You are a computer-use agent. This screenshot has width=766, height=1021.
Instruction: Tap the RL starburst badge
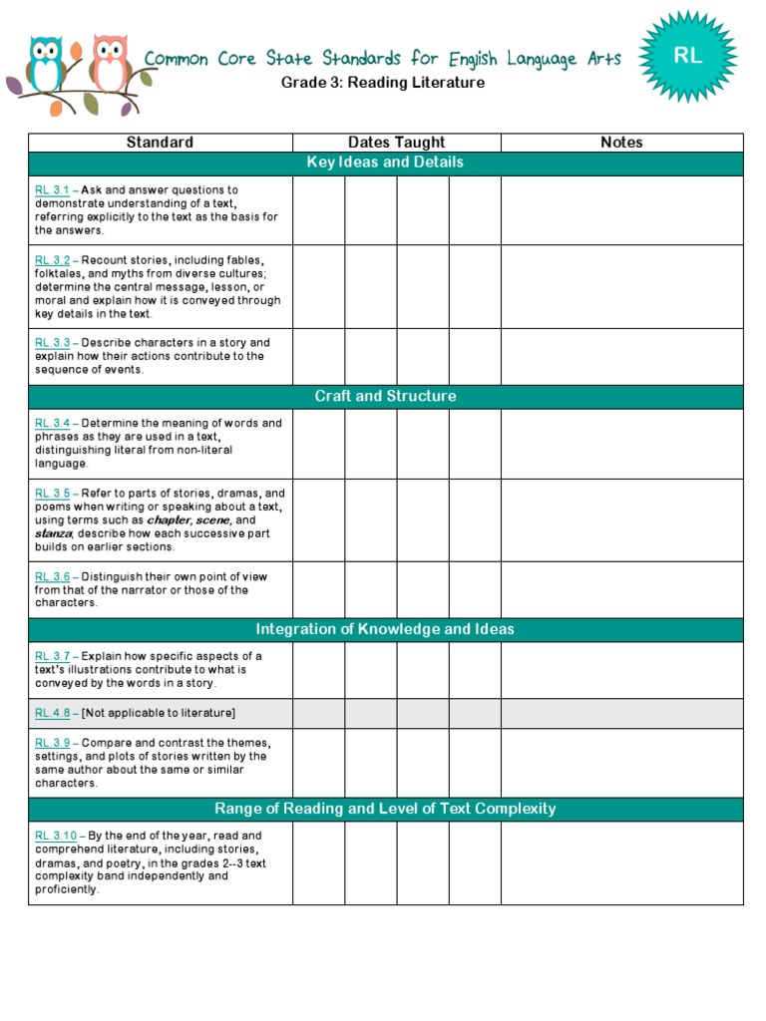click(x=687, y=58)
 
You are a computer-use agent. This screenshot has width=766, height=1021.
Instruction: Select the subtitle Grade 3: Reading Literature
click(x=383, y=83)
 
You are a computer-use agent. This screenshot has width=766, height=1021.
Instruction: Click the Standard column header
click(x=160, y=143)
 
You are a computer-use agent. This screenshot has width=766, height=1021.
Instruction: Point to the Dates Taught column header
click(x=396, y=143)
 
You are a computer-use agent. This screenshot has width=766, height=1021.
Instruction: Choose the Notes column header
click(x=621, y=143)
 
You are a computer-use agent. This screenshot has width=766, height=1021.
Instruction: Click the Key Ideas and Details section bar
click(x=385, y=163)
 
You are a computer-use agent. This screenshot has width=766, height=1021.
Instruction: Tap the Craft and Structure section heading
click(x=385, y=396)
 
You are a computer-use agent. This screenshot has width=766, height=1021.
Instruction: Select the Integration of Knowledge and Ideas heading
click(x=385, y=629)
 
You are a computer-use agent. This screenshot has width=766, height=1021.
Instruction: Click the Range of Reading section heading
click(x=385, y=809)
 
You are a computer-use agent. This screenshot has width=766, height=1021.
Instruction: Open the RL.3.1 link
click(x=52, y=189)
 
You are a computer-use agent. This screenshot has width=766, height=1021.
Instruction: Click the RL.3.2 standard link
click(x=52, y=260)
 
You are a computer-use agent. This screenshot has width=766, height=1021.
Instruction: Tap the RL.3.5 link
click(x=52, y=494)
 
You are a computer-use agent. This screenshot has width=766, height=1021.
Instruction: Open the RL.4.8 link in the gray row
click(x=52, y=713)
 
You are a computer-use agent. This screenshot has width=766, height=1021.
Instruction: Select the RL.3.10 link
click(x=55, y=836)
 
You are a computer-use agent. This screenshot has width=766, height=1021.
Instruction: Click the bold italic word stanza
click(x=52, y=533)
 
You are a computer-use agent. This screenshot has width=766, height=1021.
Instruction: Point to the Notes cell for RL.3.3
click(x=621, y=356)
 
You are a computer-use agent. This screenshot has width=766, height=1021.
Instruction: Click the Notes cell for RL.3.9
click(x=621, y=763)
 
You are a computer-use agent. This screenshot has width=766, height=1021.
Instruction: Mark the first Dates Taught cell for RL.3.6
click(x=318, y=589)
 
